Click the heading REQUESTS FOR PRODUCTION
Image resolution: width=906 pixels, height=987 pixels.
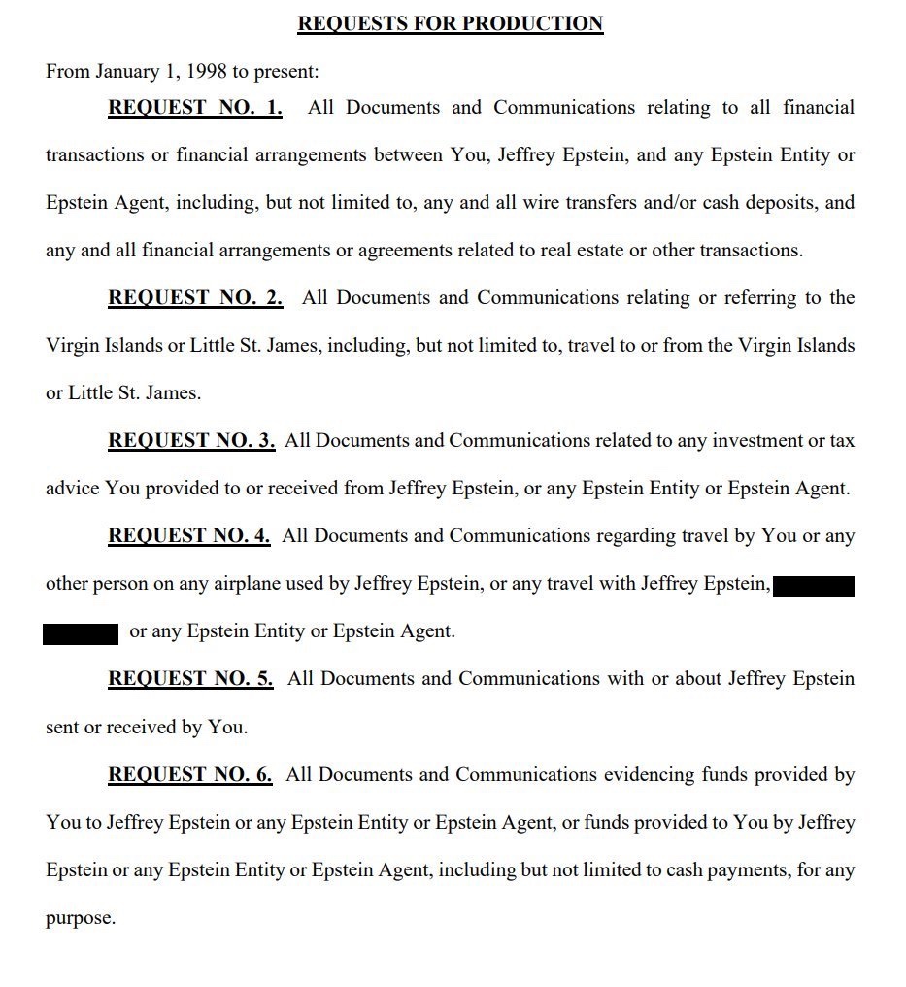450,23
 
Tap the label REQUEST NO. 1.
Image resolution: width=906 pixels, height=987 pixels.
194,107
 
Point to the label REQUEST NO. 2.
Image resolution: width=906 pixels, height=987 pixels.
194,297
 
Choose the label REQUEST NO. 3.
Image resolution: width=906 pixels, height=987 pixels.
191,440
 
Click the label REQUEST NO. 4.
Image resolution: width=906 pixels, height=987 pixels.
189,535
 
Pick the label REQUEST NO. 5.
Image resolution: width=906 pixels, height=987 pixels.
190,678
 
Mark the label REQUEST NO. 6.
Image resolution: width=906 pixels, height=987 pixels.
190,774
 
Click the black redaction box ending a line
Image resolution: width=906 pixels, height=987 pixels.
815,586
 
